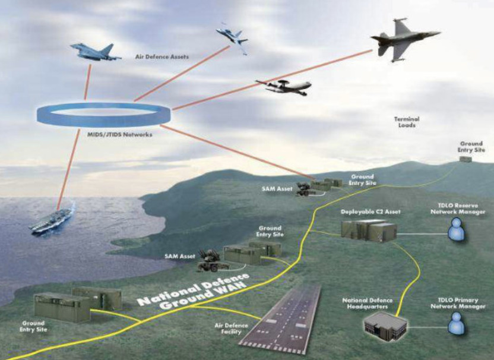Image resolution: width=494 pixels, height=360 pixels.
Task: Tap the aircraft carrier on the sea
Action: coord(53,220)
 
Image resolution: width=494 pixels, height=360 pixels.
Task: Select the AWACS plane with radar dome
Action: coord(284,87)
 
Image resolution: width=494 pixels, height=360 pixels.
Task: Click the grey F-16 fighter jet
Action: coord(404,38)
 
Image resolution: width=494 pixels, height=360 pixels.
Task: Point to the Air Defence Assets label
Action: coord(161,57)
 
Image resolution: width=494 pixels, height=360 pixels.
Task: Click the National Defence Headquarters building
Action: coord(385,326)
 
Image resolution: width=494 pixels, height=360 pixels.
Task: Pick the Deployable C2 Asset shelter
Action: coord(369,230)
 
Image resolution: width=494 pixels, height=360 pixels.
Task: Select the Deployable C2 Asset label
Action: coord(370,212)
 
